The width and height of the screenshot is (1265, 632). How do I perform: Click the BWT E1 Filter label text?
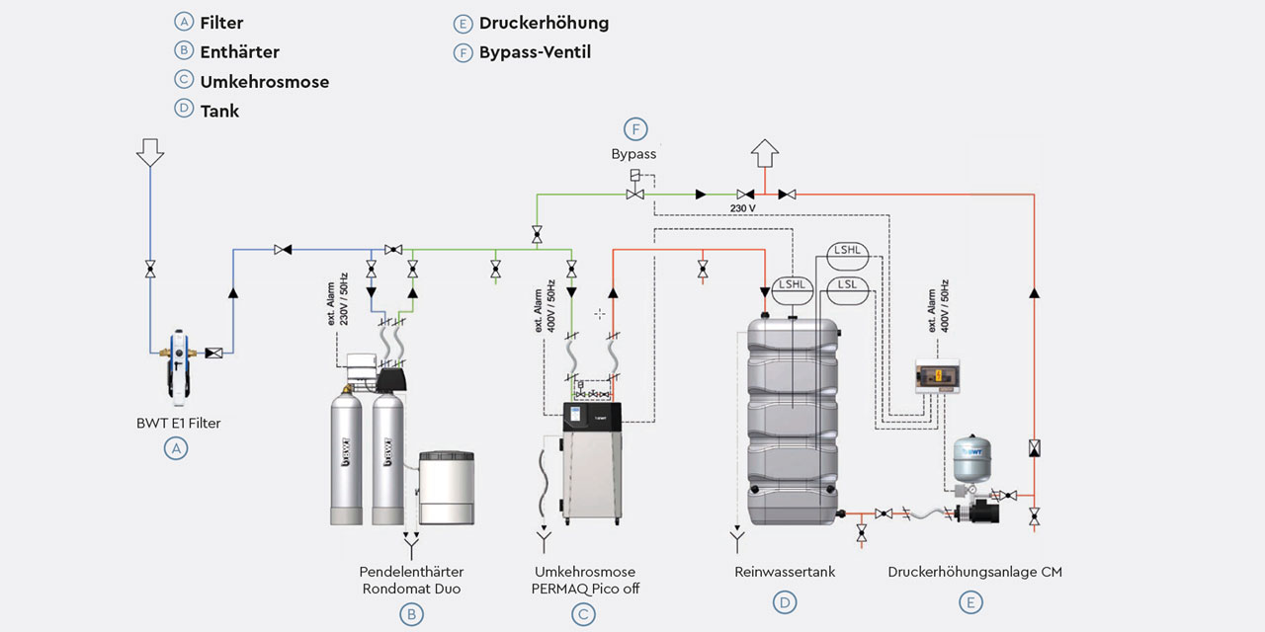pyautogui.click(x=178, y=424)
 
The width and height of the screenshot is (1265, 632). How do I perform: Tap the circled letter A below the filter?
pyautogui.click(x=176, y=448)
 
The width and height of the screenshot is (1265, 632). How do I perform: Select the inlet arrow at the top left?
pyautogui.click(x=150, y=150)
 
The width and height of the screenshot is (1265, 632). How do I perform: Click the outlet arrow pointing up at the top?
pyautogui.click(x=766, y=154)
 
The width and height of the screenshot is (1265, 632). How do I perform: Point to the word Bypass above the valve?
pyautogui.click(x=633, y=154)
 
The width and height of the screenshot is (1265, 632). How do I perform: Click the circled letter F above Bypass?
pyautogui.click(x=636, y=129)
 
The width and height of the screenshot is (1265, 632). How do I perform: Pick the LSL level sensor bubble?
pyautogui.click(x=846, y=285)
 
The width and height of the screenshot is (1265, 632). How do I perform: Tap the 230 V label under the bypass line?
pyautogui.click(x=743, y=209)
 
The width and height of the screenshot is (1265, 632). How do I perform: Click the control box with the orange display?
pyautogui.click(x=938, y=375)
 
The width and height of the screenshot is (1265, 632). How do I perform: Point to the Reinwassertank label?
pyautogui.click(x=785, y=572)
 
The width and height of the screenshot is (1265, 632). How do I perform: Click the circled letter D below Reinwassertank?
pyautogui.click(x=785, y=601)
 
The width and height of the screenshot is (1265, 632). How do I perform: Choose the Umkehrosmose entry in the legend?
pyautogui.click(x=264, y=82)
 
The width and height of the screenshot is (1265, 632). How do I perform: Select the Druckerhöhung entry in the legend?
pyautogui.click(x=544, y=23)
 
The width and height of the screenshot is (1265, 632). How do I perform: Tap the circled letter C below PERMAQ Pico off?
pyautogui.click(x=584, y=613)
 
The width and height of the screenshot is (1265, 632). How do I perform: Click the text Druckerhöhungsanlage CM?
pyautogui.click(x=974, y=572)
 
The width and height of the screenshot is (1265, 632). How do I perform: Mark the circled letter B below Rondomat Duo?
pyautogui.click(x=411, y=613)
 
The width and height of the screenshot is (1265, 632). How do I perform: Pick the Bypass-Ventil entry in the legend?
pyautogui.click(x=535, y=52)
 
